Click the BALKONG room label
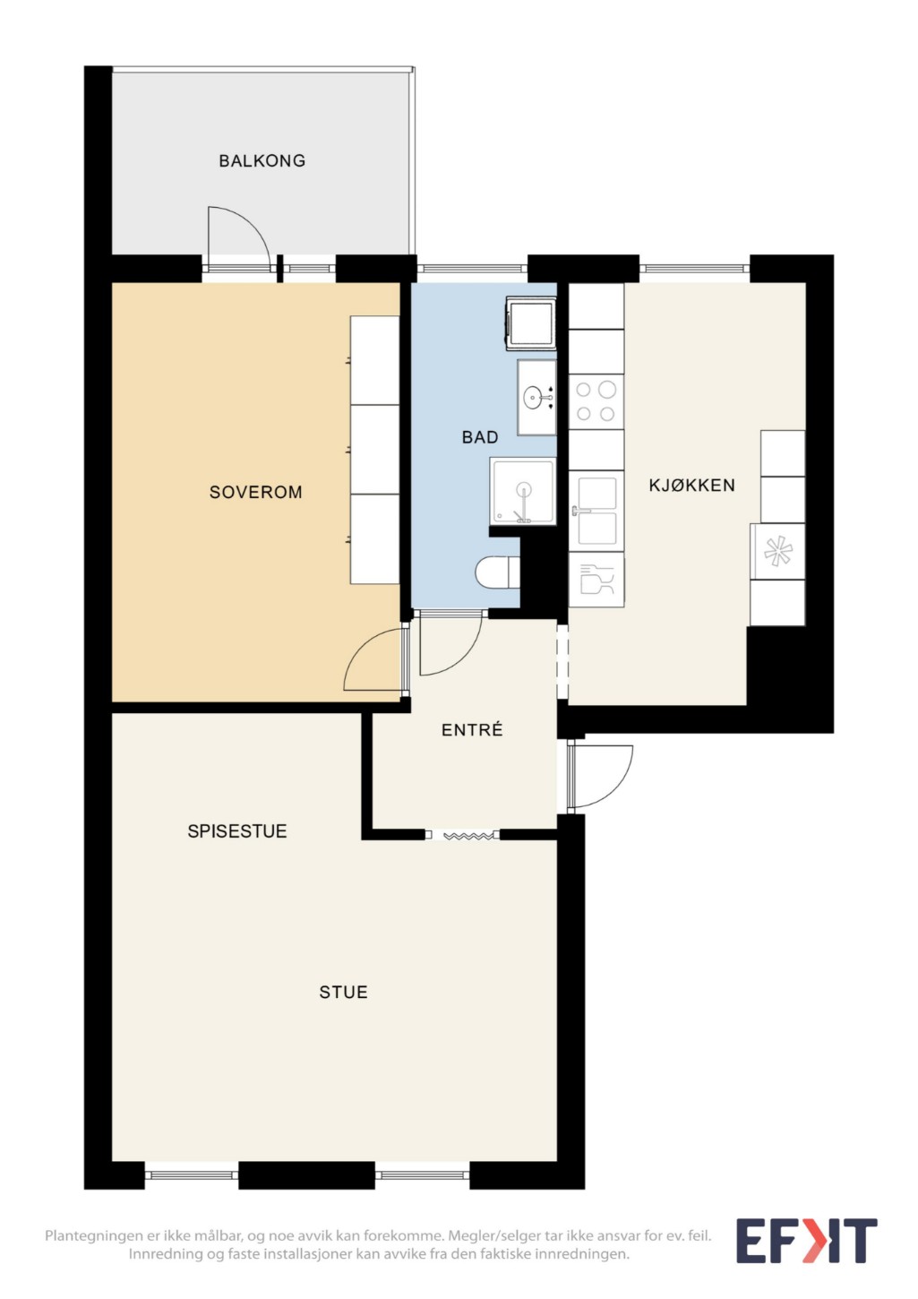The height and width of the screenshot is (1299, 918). (x=262, y=160)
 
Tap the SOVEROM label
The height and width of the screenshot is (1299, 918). (x=256, y=493)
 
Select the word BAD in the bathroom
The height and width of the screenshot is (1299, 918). (x=480, y=437)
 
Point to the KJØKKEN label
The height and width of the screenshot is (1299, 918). (x=691, y=485)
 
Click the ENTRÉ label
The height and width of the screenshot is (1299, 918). (x=472, y=729)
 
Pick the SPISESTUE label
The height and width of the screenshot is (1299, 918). (x=237, y=831)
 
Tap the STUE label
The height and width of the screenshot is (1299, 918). (x=343, y=993)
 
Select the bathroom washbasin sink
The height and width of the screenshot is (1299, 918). (x=537, y=397)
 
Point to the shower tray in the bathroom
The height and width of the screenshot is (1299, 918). (x=522, y=491)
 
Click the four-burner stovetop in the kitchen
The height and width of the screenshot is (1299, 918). (x=596, y=401)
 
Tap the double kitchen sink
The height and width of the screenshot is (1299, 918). (x=596, y=511)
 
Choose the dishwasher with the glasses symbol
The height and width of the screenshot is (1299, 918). (x=596, y=580)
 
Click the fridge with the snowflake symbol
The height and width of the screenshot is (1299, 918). (x=777, y=551)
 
